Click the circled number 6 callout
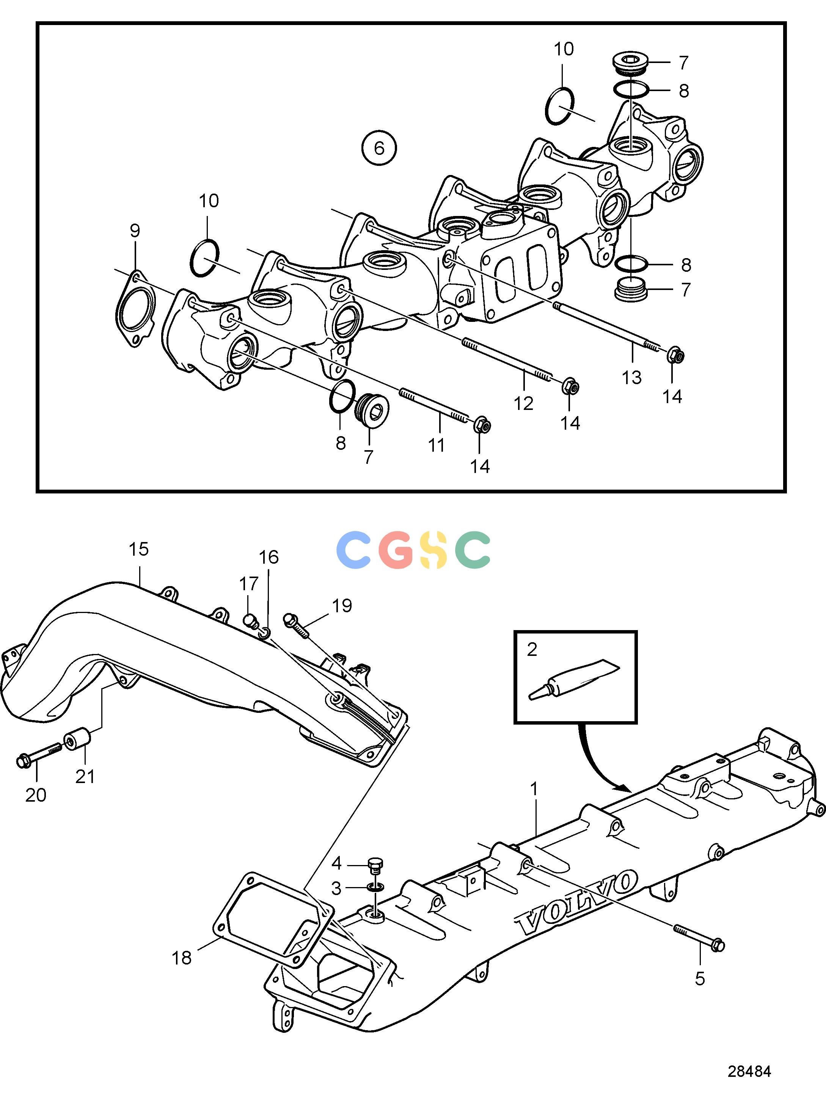point(379,148)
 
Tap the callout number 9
point(135,231)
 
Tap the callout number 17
point(249,583)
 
